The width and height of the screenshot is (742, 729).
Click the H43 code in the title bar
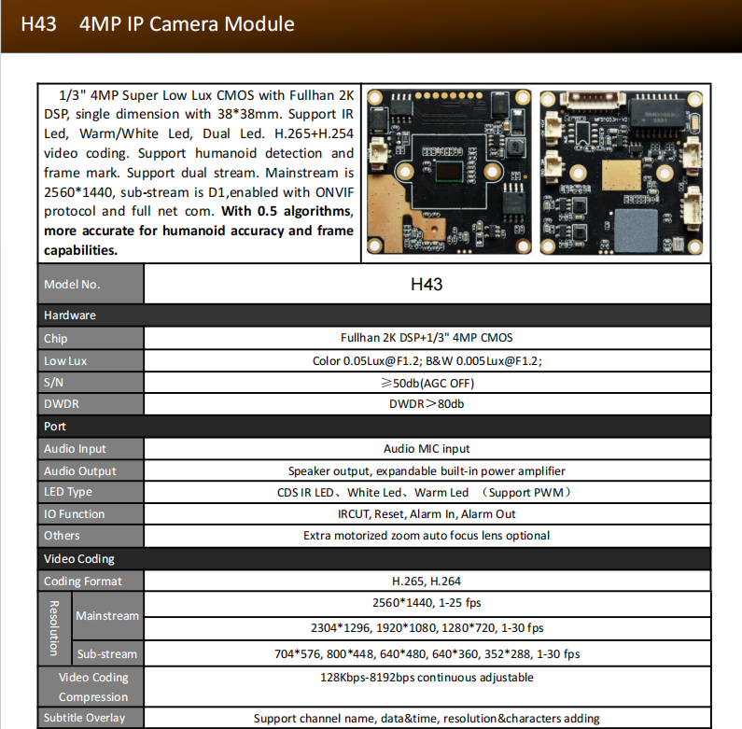[38, 24]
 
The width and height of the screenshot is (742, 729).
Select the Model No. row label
[72, 285]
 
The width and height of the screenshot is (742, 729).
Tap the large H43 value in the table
[427, 284]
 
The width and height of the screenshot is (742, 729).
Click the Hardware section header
[70, 315]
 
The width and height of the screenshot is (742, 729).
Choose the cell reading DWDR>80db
[427, 404]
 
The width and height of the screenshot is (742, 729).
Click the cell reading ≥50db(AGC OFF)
[427, 383]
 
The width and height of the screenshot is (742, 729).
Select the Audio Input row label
[75, 449]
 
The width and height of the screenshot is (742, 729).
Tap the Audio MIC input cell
[427, 449]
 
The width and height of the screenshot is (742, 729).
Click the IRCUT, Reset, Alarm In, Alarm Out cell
[427, 514]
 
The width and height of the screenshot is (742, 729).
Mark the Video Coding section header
[79, 559]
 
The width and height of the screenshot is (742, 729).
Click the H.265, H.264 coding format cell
[427, 582]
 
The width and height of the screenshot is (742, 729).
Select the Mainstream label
[107, 616]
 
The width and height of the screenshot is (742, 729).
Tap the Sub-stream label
[107, 654]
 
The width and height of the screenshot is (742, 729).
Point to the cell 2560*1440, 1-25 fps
[427, 603]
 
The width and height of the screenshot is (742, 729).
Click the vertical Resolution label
[54, 627]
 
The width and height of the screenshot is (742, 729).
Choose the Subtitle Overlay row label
[85, 718]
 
